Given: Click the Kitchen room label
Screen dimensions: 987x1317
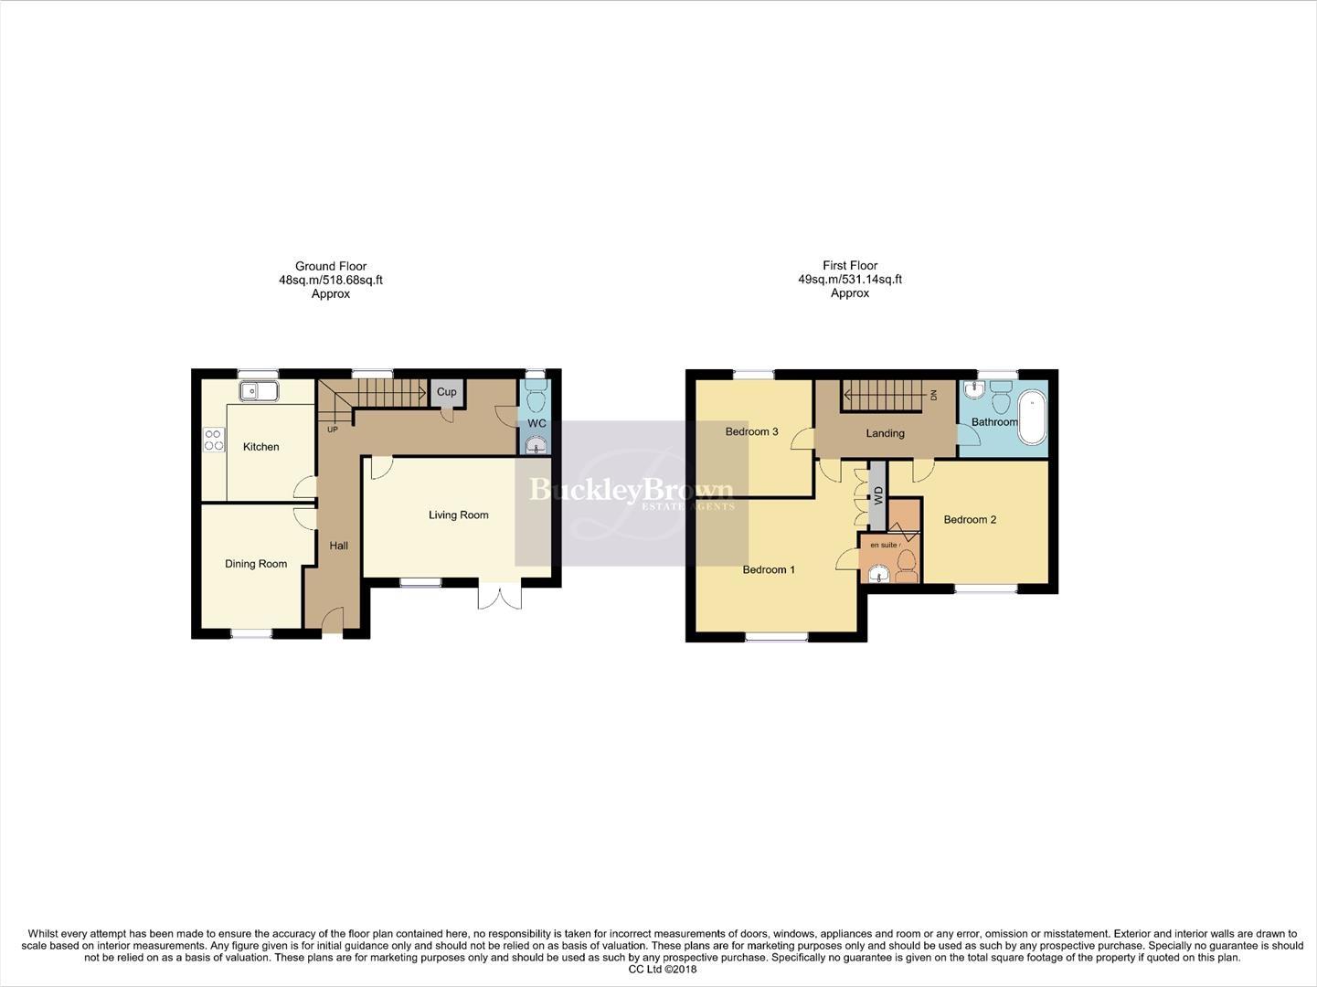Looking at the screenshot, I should pos(260,447).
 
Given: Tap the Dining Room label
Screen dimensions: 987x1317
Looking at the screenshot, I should pos(256,564).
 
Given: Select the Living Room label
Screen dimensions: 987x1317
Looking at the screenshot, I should pos(458,515).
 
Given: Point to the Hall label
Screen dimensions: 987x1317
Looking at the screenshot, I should pos(338,546).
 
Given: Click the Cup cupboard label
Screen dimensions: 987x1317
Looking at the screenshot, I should pos(446,392).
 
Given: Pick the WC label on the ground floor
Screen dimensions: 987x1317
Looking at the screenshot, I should pos(536,423).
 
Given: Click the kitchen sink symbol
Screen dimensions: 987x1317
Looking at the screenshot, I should pos(259,392).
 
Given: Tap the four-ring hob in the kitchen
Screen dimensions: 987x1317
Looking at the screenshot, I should pos(213,440).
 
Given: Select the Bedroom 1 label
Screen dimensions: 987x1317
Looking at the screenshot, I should pos(768,570).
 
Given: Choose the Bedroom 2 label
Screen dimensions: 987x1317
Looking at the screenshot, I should pos(970,520).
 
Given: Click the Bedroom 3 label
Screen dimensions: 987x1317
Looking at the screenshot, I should pos(751,431).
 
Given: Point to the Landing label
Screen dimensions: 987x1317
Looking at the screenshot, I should pos(885,433).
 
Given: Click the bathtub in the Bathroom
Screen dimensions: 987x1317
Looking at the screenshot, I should pos(1033,416).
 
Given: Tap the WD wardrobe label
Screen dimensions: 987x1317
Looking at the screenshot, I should pos(878,496).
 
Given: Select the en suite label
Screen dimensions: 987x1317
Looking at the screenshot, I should pos(885,546).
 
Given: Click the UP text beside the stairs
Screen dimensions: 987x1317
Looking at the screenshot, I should pos(332,429).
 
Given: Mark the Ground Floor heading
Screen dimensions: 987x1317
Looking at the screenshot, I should pos(330,267).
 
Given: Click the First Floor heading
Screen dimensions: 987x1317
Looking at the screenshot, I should pos(849,266).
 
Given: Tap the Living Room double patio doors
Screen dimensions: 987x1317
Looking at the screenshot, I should pos(499,595).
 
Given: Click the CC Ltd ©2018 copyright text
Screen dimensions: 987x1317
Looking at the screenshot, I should pos(663,969).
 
